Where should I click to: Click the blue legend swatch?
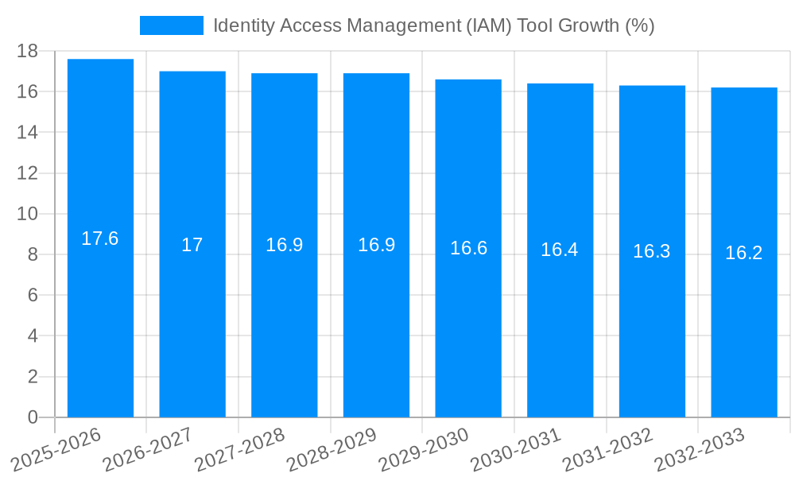pyautogui.click(x=171, y=25)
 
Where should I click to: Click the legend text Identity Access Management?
pyautogui.click(x=433, y=25)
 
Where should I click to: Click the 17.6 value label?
pyautogui.click(x=100, y=238)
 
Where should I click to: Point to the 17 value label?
pyautogui.click(x=192, y=245)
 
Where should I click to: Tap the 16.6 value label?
pyautogui.click(x=468, y=248)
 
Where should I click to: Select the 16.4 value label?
pyautogui.click(x=560, y=250)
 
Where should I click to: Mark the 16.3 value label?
pyautogui.click(x=652, y=251)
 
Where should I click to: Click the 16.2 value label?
pyautogui.click(x=744, y=253)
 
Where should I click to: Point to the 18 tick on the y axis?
pyautogui.click(x=28, y=51)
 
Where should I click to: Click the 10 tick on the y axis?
pyautogui.click(x=28, y=214)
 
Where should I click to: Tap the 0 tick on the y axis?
pyautogui.click(x=33, y=417)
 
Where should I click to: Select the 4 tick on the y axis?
pyautogui.click(x=33, y=336)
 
